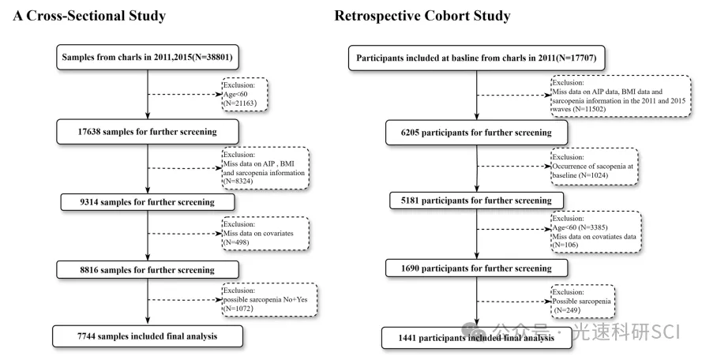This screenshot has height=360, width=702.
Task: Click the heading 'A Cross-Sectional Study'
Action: click(x=89, y=16)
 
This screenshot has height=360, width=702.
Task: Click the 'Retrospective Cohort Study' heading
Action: click(x=422, y=16)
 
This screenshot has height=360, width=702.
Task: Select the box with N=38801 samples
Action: click(x=148, y=57)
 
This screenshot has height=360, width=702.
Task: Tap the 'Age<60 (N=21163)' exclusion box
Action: click(x=245, y=95)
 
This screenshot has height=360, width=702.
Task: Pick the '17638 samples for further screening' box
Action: click(x=148, y=132)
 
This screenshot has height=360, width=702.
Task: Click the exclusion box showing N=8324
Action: click(x=265, y=168)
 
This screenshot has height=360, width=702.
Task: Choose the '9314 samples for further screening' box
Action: click(x=148, y=202)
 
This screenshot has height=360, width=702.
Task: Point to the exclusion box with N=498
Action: click(x=265, y=233)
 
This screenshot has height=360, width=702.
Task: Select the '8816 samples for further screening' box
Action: click(x=148, y=270)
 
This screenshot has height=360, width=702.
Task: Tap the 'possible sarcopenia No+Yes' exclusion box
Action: click(x=269, y=299)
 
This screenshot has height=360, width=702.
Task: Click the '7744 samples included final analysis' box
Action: click(x=148, y=336)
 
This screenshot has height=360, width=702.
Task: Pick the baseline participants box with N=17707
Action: click(x=476, y=58)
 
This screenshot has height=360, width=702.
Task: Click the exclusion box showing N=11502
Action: click(x=621, y=96)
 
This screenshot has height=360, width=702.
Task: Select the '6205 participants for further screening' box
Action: click(x=476, y=133)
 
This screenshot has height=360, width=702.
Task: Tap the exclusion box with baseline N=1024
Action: click(x=595, y=166)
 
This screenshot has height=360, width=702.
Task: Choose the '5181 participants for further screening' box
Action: click(x=476, y=201)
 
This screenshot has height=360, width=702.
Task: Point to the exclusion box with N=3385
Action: click(x=596, y=232)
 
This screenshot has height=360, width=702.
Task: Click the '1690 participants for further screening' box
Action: click(x=476, y=268)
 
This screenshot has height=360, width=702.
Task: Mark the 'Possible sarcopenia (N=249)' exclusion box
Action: click(x=583, y=302)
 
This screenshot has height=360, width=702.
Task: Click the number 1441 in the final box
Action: click(x=408, y=338)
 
